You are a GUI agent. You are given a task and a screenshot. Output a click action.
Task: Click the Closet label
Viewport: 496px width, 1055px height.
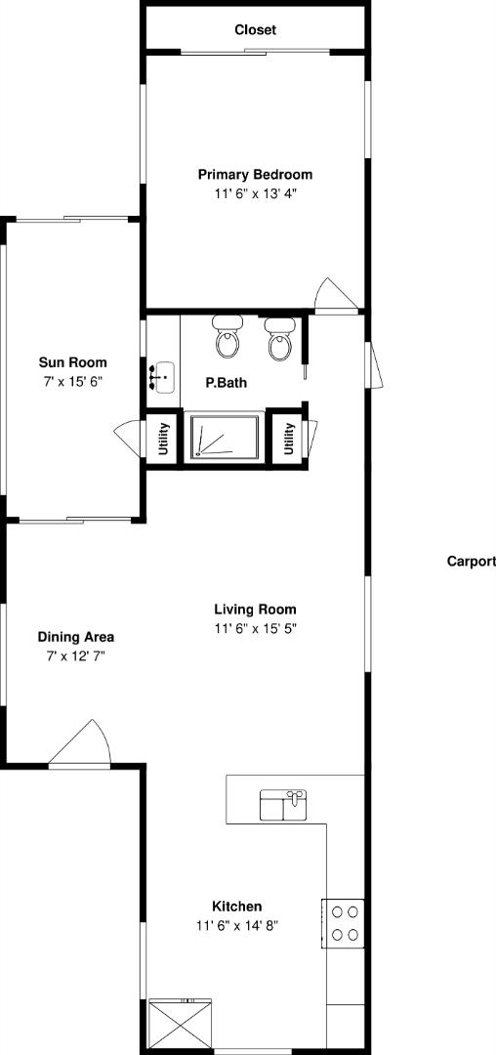point(256,30)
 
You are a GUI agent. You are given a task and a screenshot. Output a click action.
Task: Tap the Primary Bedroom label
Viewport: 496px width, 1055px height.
point(256,175)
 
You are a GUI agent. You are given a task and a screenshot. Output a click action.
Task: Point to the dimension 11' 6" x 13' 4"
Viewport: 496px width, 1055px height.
point(256,194)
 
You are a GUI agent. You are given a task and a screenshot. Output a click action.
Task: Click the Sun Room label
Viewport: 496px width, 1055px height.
point(72,362)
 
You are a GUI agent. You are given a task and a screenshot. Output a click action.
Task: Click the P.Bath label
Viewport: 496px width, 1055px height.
point(226,384)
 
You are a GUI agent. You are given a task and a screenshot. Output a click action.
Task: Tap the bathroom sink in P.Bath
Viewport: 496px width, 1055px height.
point(162,377)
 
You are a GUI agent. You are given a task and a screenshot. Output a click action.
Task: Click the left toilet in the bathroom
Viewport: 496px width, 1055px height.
point(227,337)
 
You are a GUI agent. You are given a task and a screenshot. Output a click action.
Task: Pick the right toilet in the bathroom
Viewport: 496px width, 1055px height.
point(279,339)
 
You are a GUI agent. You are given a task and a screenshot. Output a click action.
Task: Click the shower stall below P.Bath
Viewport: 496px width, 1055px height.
point(225,438)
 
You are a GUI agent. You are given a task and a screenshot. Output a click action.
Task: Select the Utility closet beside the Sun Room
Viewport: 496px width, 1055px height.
point(163,438)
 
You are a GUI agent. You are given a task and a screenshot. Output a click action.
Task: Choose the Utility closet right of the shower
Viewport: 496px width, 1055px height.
point(289,438)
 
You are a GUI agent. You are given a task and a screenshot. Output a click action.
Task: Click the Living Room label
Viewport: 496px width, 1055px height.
point(256,611)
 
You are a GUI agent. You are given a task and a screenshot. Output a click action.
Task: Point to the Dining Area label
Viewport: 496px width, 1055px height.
point(76,637)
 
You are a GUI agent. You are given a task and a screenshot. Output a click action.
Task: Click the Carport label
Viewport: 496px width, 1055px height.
point(472,561)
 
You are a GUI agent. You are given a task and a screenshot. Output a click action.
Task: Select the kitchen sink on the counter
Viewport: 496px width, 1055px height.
point(283,806)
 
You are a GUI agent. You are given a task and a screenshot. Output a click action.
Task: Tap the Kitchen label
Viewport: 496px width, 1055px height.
point(237,907)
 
